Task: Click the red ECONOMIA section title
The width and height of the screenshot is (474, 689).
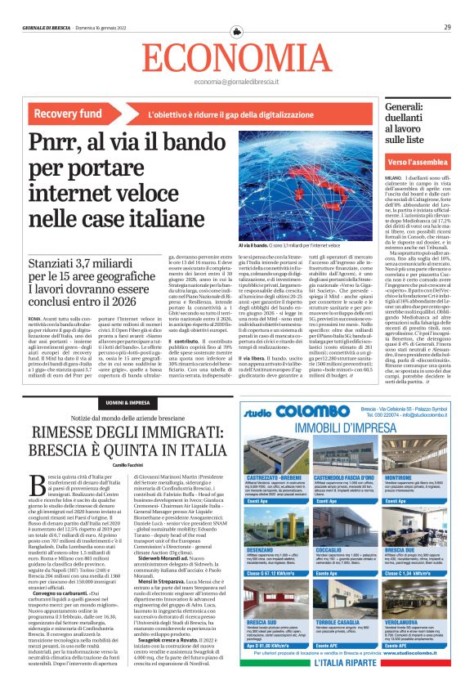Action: click(x=236, y=56)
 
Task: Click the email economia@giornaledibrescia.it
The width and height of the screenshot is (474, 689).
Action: click(x=236, y=82)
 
